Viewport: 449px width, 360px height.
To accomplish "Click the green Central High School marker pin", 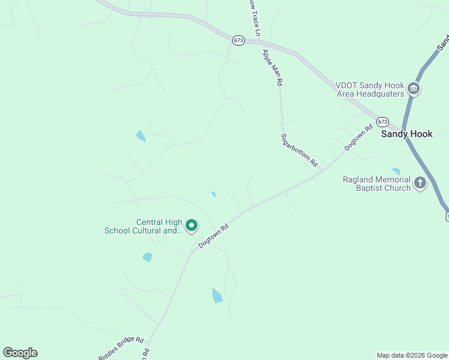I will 191,226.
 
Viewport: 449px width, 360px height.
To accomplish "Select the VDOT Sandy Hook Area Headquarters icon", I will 414,89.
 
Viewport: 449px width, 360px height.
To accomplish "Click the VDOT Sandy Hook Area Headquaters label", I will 369,89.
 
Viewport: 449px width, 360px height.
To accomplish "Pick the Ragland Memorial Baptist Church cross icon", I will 420,183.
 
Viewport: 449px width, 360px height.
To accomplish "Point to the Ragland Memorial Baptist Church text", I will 376,184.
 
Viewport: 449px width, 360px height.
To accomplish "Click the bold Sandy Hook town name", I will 406,134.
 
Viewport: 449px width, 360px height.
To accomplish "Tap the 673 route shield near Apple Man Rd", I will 239,40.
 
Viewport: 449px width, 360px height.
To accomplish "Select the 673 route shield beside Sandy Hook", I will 382,122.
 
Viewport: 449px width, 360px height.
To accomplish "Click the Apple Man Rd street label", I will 271,66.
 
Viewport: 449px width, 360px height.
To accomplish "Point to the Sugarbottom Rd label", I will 299,150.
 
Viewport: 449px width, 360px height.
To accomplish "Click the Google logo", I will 20,352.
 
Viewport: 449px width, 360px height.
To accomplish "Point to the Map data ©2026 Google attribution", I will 412,355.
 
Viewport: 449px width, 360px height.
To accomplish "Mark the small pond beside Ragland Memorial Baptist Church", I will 396,171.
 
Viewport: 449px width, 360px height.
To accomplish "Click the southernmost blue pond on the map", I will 217,296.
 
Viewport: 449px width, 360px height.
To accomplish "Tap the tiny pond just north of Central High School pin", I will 214,194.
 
